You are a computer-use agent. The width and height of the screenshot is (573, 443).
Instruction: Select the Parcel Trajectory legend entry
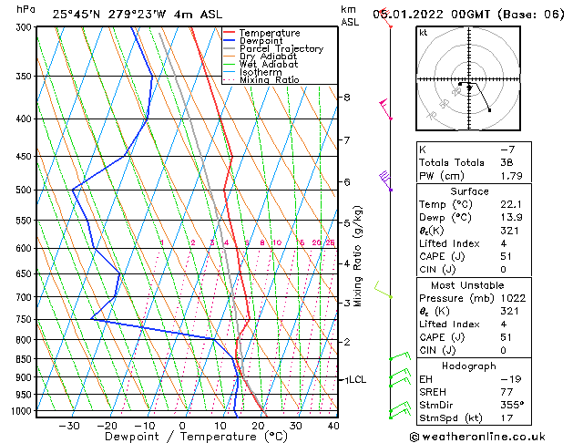pos(281,49)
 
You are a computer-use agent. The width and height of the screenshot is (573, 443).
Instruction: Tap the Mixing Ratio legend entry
pos(271,80)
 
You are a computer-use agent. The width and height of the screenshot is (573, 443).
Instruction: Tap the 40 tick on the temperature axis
pos(333,426)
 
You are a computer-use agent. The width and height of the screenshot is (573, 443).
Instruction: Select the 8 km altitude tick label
pos(346,97)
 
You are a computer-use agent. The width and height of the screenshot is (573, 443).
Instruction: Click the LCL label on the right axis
pos(356,380)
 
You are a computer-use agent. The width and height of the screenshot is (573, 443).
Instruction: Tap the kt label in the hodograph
pos(423,33)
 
